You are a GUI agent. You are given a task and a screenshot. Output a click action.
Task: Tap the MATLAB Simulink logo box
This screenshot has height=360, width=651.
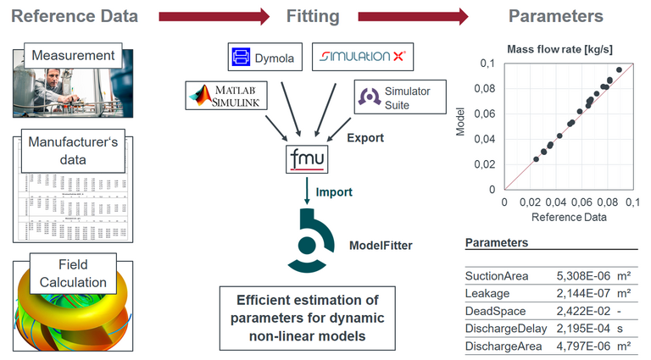228,96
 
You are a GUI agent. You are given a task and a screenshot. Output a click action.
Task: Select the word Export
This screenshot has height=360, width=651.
365,137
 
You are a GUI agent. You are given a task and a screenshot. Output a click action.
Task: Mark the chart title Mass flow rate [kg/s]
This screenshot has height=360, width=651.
560,47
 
